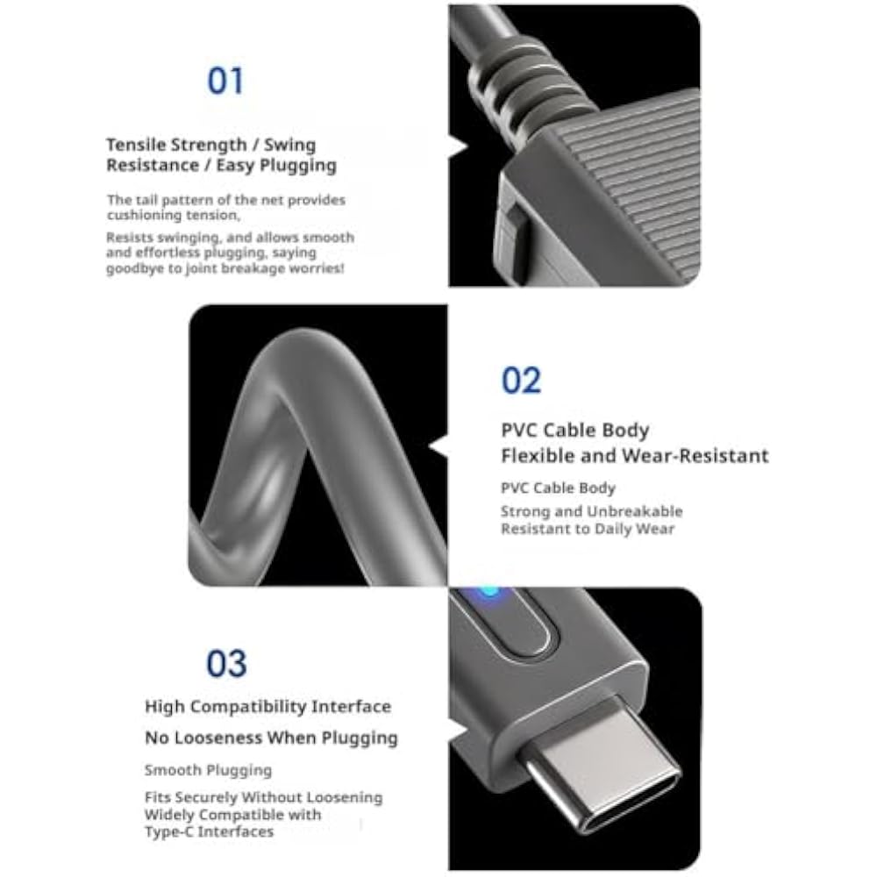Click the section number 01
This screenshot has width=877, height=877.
click(225, 81)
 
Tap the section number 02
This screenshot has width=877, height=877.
click(521, 380)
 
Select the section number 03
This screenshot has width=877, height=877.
click(226, 663)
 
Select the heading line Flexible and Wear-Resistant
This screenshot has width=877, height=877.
click(635, 456)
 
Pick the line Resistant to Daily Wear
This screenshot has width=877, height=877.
click(588, 529)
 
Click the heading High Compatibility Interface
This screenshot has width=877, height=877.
click(267, 707)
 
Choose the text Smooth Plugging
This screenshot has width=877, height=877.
click(208, 770)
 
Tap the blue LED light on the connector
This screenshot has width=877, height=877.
click(488, 593)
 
